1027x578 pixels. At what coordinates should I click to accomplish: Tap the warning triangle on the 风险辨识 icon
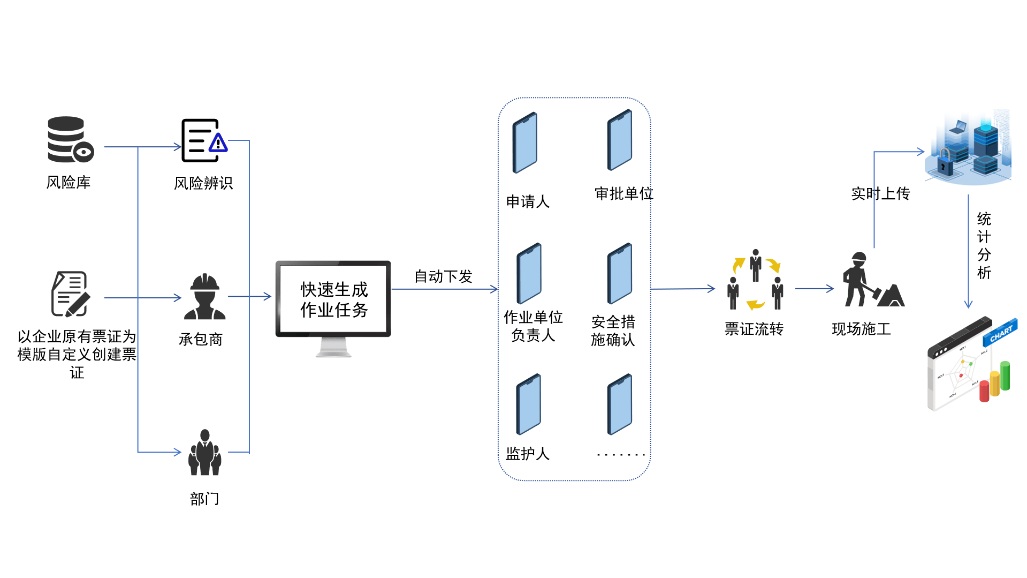[218, 143]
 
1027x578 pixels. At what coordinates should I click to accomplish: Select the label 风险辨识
[203, 183]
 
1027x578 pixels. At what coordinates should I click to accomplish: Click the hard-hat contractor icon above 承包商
[204, 297]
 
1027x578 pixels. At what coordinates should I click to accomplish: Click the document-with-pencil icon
[71, 294]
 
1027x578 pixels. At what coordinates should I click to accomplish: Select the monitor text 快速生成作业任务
[334, 299]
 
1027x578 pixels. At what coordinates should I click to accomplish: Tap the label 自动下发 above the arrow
[443, 276]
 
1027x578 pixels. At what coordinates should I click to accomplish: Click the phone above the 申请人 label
[525, 142]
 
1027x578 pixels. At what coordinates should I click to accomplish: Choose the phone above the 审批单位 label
[620, 140]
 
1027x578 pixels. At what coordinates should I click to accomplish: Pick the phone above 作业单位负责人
[529, 274]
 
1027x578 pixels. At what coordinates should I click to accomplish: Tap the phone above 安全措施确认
[620, 274]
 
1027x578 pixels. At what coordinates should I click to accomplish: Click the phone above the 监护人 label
[529, 404]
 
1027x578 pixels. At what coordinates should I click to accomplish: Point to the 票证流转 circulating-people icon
[755, 280]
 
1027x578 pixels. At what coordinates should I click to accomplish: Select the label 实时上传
[880, 193]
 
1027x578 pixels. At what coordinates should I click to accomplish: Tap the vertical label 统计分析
[984, 246]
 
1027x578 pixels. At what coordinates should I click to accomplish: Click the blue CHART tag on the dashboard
[1000, 334]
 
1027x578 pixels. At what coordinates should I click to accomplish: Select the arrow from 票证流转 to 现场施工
[814, 289]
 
